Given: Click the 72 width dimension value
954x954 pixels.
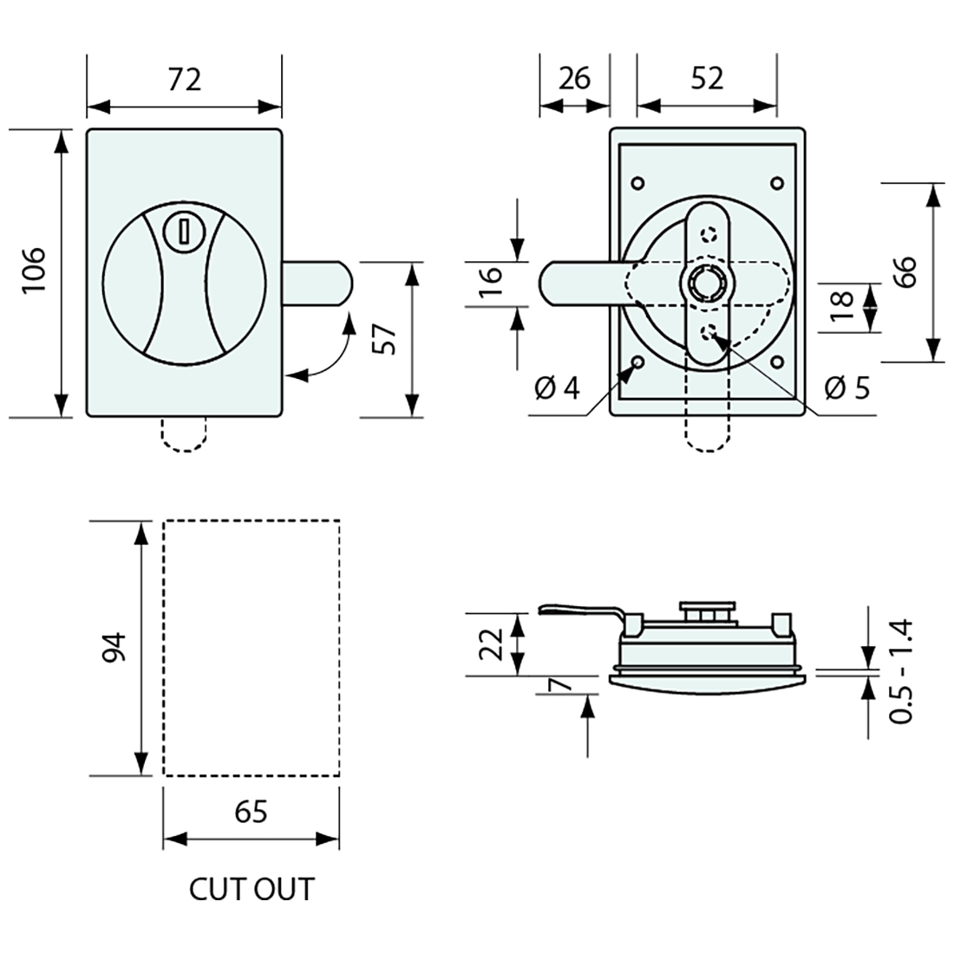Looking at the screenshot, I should click(184, 79).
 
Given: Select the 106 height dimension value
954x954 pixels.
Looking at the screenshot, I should click(33, 270).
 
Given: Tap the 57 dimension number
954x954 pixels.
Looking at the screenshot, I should click(387, 337).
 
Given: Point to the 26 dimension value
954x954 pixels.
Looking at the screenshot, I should click(574, 79).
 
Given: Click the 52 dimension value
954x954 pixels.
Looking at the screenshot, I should click(707, 79).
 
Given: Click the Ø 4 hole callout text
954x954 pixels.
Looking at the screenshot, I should click(557, 388).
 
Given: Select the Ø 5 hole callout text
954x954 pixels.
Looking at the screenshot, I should click(846, 388).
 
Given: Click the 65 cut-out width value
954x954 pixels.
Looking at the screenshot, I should click(251, 812).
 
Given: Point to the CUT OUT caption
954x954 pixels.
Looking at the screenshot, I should click(252, 889).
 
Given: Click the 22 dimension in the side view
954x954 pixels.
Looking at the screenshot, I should click(490, 644).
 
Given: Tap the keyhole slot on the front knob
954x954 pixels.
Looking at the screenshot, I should click(184, 232).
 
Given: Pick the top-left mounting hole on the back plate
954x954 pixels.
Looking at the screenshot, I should click(638, 183).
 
